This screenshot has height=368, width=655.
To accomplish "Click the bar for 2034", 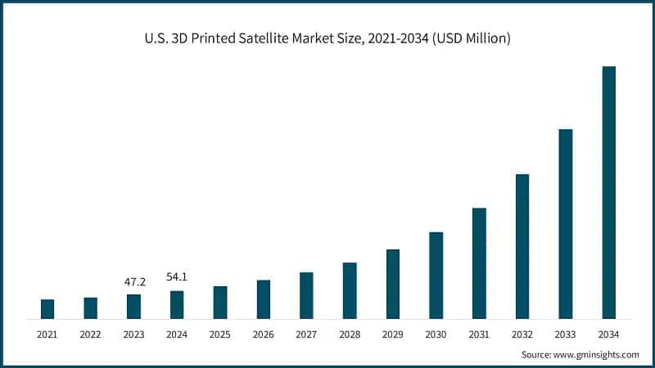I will pos(608,192).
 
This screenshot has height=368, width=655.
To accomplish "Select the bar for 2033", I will pos(565,223).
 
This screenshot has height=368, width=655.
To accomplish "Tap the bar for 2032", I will pos(522,246).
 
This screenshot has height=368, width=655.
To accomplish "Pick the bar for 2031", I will pos(479,263).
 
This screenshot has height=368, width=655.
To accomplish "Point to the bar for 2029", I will pos(392,284).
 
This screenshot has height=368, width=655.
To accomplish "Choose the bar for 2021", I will pos(47,309).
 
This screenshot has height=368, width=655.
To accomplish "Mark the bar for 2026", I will pos(263,299).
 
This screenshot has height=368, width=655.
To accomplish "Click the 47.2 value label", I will pos(134,282).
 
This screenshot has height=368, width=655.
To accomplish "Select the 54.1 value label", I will pos(177,277).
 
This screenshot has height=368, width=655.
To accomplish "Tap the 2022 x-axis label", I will pos(91,334).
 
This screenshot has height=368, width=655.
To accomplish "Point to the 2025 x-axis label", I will pos(220,334).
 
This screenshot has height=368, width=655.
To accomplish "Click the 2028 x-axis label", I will pos(350,334).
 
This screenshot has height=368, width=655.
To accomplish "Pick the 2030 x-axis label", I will pos(436,334).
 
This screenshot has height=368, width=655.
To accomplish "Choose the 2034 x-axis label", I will pos(608,334).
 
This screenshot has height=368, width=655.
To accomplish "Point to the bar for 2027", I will pos(306,295).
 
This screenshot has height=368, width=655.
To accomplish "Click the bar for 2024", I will pos(177,305).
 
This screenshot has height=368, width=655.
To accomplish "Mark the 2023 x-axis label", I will pos(134,334).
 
